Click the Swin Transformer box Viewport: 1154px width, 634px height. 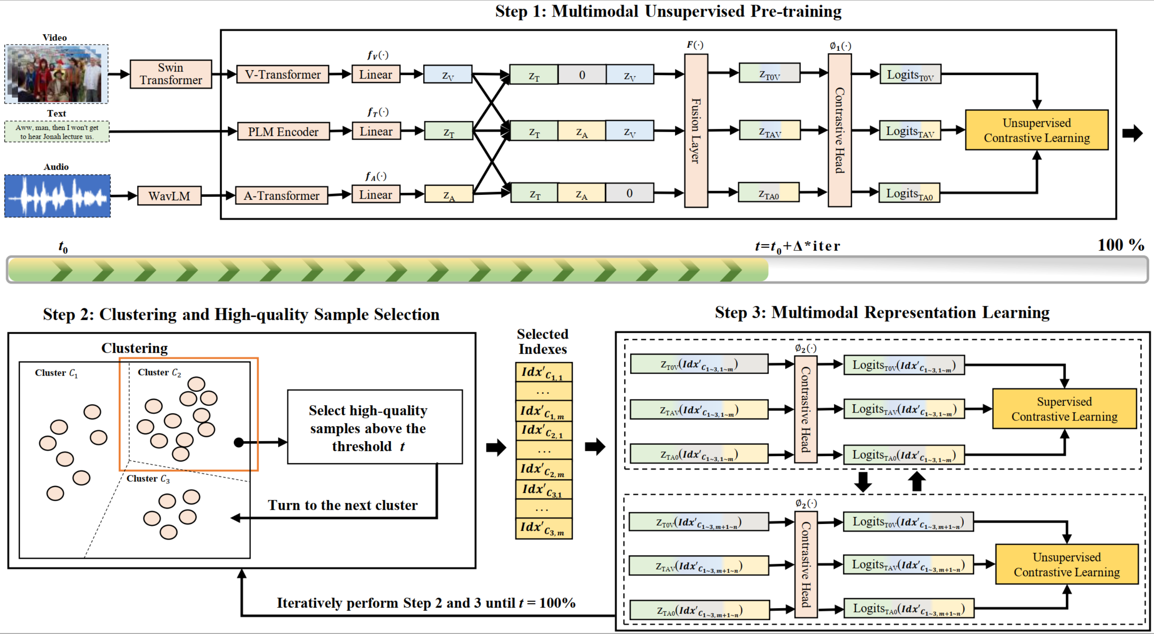(x=171, y=74)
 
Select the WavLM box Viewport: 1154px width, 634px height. (x=169, y=196)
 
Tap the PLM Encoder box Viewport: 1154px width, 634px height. (x=283, y=132)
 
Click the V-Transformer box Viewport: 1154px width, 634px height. (x=282, y=74)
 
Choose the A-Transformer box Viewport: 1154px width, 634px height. (x=281, y=196)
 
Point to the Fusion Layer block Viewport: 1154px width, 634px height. (x=696, y=131)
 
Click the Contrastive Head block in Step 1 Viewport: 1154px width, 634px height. (x=840, y=130)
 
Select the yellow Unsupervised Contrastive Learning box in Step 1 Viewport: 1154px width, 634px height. (x=1036, y=130)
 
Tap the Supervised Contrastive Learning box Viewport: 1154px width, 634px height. (x=1064, y=409)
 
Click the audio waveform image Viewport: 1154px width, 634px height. (x=57, y=196)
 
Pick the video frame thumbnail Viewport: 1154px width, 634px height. (x=56, y=74)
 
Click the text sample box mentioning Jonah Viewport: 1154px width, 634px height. (x=57, y=132)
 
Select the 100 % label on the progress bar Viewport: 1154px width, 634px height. (x=1120, y=245)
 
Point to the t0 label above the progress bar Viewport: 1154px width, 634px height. (x=63, y=246)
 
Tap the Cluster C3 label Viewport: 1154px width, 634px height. (x=148, y=479)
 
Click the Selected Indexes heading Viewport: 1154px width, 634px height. (x=543, y=342)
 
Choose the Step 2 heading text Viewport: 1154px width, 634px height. (x=241, y=314)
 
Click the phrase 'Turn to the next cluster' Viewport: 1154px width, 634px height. (x=343, y=505)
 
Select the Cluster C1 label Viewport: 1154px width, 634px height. (x=56, y=373)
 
